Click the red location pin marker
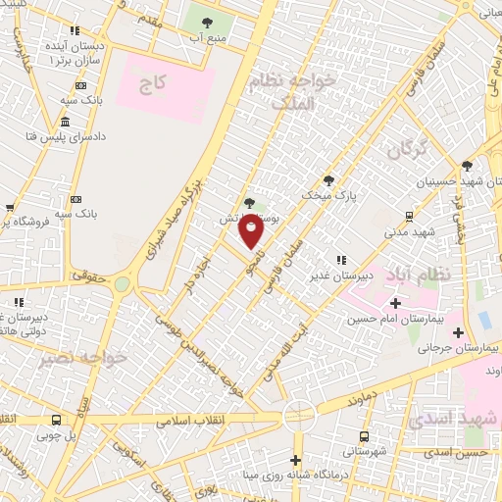coord(252,230)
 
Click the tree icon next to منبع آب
coord(207,21)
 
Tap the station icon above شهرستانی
coord(365,436)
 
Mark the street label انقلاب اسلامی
coord(191,420)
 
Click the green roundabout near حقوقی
coord(122,284)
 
